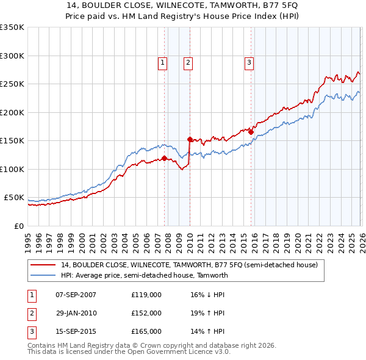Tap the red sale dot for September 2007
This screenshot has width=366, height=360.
tap(164, 159)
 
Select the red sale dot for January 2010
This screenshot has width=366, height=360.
tap(190, 139)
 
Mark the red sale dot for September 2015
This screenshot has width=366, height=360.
tap(251, 132)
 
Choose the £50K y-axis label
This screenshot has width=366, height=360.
tap(14, 198)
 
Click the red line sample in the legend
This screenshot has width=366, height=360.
tap(43, 265)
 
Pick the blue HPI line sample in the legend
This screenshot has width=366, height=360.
tap(43, 275)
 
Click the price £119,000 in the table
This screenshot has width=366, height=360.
tap(146, 295)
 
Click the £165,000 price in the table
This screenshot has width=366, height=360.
tap(146, 331)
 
